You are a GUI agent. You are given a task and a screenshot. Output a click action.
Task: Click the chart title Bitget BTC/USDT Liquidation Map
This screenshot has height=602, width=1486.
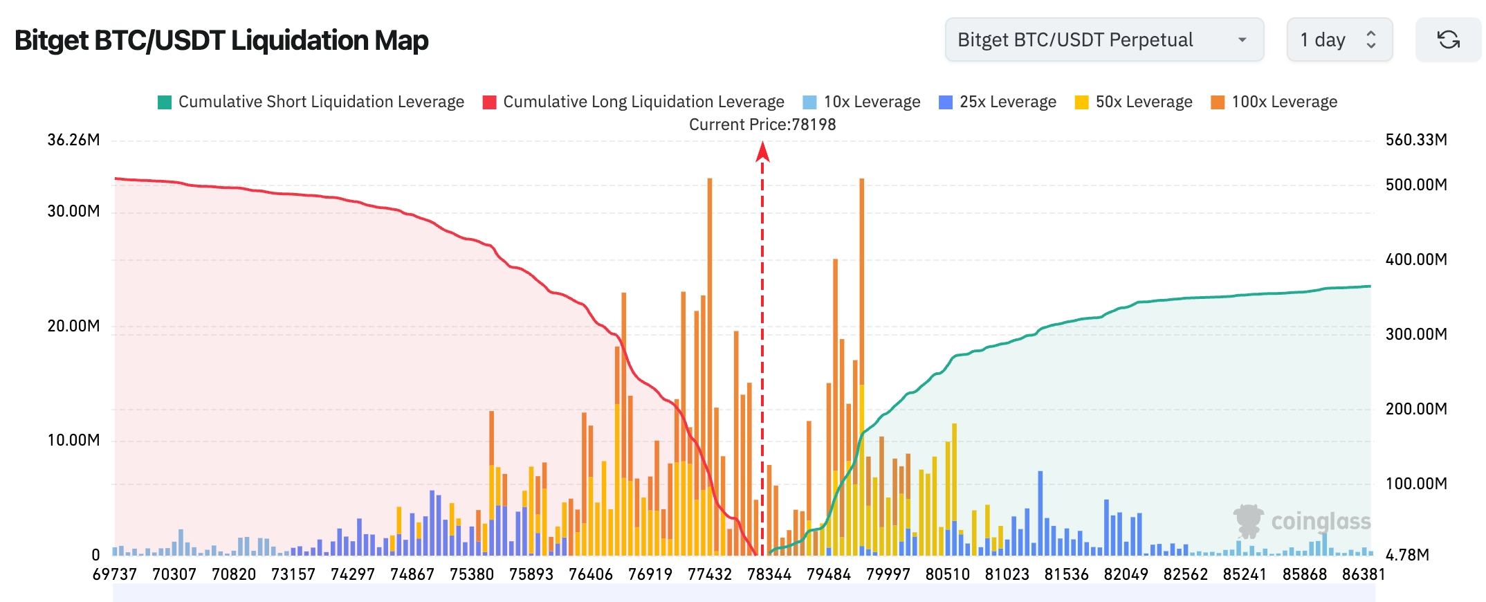tap(221, 40)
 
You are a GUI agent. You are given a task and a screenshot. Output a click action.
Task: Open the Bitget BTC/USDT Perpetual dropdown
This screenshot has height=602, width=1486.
tap(1103, 40)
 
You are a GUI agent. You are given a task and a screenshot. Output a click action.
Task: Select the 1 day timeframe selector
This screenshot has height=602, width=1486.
tap(1339, 40)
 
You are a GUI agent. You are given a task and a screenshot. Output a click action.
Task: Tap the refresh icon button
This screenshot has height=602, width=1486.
tap(1448, 40)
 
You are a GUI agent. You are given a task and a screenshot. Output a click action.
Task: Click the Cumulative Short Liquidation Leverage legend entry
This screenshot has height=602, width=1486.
tap(311, 102)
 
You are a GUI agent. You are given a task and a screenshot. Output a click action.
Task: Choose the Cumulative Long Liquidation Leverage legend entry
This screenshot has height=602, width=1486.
tap(634, 102)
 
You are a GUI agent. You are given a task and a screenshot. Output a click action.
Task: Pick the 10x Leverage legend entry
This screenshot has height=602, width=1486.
tap(861, 102)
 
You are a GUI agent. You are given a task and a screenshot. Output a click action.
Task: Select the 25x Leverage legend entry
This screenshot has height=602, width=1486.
tap(998, 102)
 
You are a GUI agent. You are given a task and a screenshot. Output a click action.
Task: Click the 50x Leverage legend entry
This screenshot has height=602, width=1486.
tap(1134, 102)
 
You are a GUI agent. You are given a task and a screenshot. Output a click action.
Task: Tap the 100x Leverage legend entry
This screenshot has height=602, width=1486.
tap(1274, 102)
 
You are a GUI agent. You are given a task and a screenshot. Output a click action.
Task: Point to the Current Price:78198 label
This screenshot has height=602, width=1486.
tap(762, 125)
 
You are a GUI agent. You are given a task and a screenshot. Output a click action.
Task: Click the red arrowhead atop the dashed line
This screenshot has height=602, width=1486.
tap(762, 151)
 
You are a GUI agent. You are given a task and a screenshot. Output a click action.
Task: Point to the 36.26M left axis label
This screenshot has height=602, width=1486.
tap(73, 140)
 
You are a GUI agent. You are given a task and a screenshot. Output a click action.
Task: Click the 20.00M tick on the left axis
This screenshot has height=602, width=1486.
tap(73, 326)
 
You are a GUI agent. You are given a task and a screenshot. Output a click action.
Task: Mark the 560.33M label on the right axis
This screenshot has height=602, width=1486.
tap(1416, 140)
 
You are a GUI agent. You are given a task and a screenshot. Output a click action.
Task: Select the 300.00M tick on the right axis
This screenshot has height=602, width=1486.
tap(1416, 334)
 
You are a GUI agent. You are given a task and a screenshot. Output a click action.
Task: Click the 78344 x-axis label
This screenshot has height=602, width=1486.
tap(769, 574)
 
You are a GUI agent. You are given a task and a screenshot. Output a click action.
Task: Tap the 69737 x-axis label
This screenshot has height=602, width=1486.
tap(115, 574)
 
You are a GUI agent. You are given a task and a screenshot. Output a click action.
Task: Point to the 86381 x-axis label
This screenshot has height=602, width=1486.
tap(1364, 574)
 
